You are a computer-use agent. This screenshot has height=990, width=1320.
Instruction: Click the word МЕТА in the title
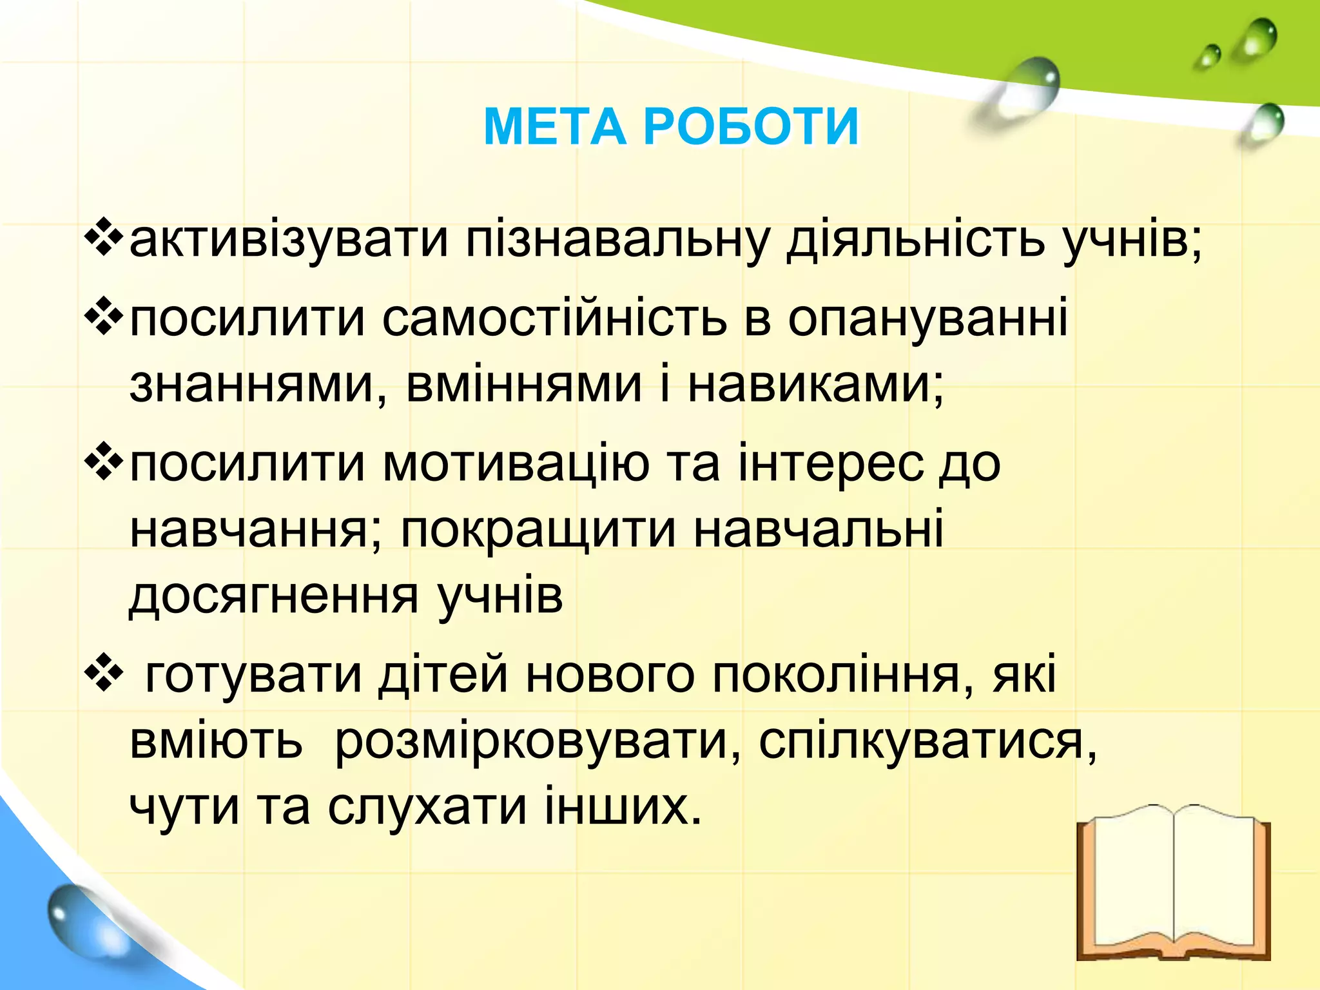[554, 127]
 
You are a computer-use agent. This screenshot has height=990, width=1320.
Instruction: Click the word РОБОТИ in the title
[752, 127]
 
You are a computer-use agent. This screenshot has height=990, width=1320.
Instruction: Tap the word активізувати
[289, 240]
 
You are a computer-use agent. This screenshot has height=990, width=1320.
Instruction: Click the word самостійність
[554, 319]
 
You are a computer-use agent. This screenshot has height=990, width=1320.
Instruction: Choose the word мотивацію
[516, 464]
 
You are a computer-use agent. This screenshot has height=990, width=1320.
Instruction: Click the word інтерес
[831, 464]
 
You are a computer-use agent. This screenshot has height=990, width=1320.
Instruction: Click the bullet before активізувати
[103, 239]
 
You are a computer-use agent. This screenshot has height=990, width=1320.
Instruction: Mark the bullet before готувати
[103, 675]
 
